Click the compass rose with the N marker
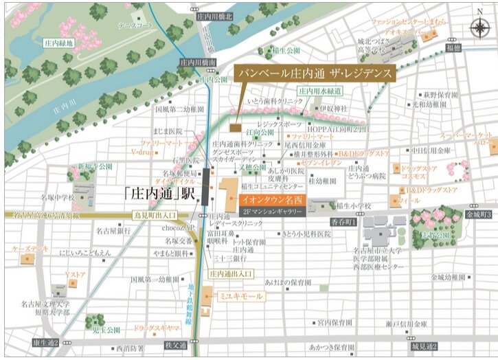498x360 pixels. point(478,27)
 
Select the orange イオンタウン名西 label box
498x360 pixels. point(271,198)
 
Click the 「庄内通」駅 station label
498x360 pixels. point(161,193)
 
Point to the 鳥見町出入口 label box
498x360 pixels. point(157,216)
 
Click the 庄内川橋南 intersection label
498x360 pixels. point(198,62)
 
